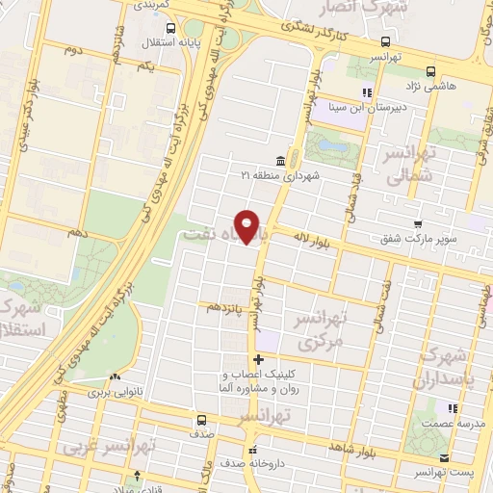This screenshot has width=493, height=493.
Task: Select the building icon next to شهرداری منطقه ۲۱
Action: click(x=280, y=160)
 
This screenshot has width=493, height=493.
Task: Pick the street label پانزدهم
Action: click(x=227, y=307)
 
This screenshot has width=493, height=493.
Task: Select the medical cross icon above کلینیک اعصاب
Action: click(x=257, y=359)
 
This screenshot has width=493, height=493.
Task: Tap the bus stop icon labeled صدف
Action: click(x=201, y=420)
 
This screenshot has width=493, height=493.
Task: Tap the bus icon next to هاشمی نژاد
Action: click(x=429, y=70)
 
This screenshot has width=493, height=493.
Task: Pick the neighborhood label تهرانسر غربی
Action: click(x=100, y=448)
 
